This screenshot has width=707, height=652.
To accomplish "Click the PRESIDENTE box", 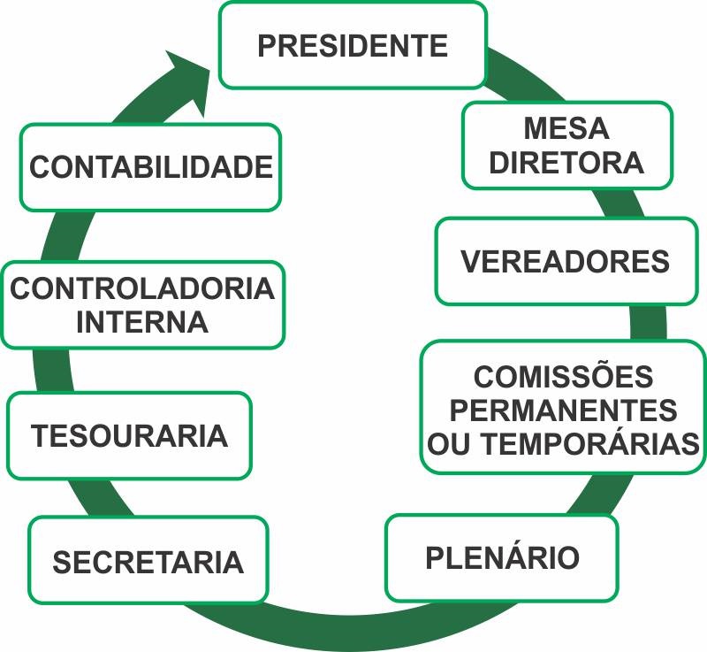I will click(353, 45).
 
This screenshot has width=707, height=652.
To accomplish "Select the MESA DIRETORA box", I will click(566, 145).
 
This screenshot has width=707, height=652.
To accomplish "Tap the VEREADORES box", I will click(566, 262).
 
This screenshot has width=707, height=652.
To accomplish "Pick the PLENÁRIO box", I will click(502, 558).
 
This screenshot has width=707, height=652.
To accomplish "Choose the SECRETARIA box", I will click(148, 561).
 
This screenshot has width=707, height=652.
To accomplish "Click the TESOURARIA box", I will click(129, 435).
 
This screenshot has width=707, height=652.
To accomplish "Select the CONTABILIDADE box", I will click(150, 166).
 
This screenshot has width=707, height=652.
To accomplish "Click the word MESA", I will click(566, 128).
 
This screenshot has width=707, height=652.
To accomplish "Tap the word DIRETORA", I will click(566, 163).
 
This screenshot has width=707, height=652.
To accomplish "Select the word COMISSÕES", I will click(563, 377).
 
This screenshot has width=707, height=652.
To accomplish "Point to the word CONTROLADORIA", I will click(142, 288).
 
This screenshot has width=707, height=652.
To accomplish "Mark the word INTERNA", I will click(142, 322).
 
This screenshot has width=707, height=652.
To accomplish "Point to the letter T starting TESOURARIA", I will click(41, 436).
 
